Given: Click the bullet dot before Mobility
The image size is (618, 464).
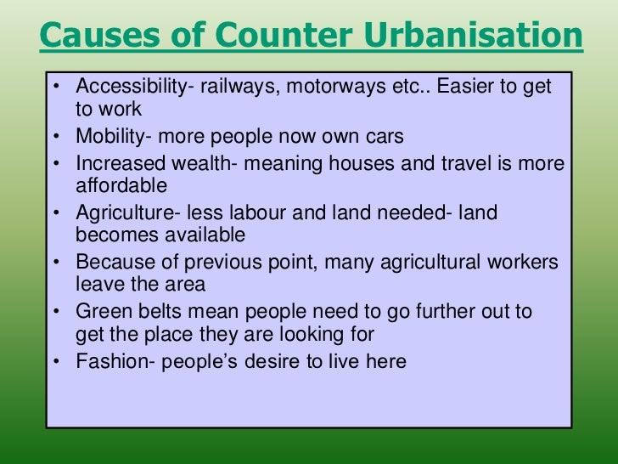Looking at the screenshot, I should point(55,137).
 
